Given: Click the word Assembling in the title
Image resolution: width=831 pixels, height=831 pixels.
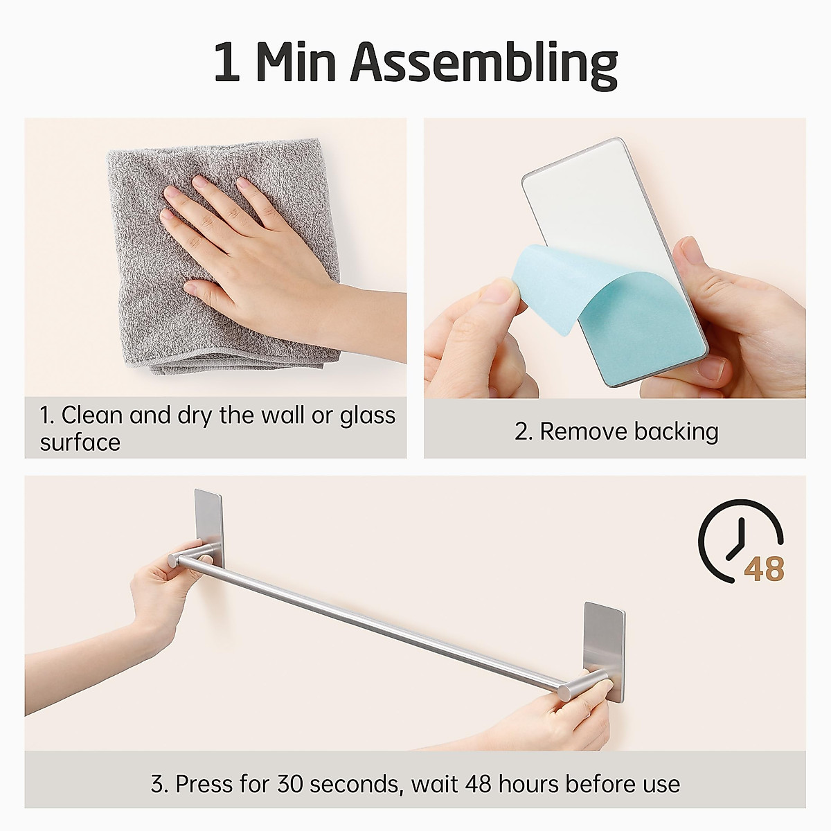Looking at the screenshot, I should (x=483, y=64).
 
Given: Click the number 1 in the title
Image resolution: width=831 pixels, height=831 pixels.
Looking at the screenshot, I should (x=227, y=64).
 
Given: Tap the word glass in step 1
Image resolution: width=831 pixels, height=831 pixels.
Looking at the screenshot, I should (x=367, y=415).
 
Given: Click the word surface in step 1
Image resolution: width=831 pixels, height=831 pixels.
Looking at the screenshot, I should (x=80, y=443).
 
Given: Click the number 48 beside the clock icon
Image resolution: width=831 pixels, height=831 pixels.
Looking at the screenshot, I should (x=764, y=569).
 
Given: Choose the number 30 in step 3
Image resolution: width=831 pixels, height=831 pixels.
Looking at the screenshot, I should (x=292, y=784).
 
